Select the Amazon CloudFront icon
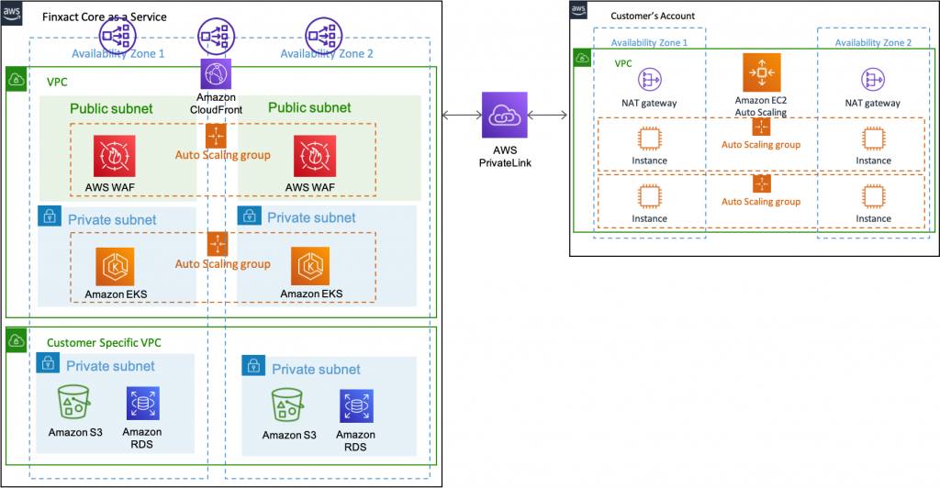point(217,73)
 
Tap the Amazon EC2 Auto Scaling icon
point(760,72)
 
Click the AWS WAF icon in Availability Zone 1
point(114,156)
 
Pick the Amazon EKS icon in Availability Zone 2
point(311,266)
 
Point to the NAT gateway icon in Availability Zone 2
point(872,80)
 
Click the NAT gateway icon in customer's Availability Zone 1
point(650,80)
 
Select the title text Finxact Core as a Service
point(106,17)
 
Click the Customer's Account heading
point(653,16)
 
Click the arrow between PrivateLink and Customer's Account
point(549,115)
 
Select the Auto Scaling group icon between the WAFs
point(217,135)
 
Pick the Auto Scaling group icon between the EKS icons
point(217,244)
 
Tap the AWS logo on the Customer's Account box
point(578,9)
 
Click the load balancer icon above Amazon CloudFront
point(217,36)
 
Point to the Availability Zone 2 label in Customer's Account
point(873,43)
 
